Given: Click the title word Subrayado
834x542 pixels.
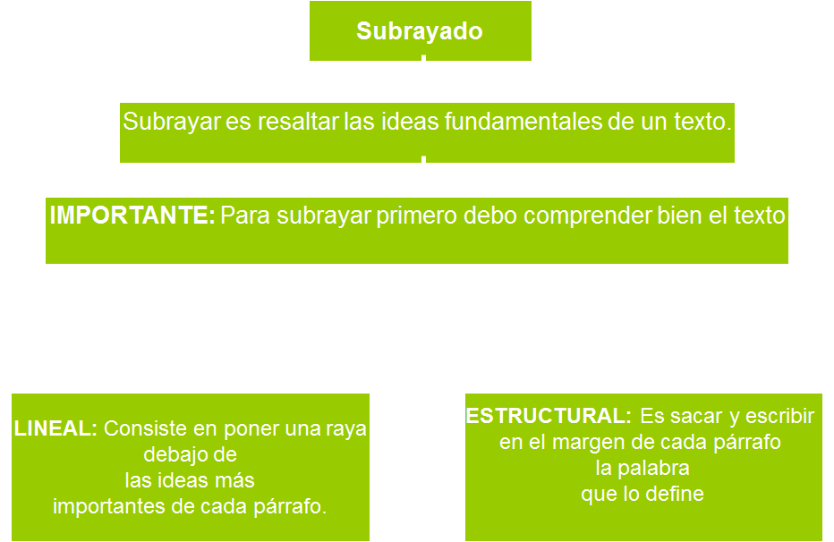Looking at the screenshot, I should click(x=420, y=31).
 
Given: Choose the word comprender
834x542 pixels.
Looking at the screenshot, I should click(x=576, y=216).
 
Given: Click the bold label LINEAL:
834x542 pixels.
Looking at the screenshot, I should click(x=55, y=428).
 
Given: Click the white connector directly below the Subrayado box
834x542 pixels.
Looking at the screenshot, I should click(x=423, y=58).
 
